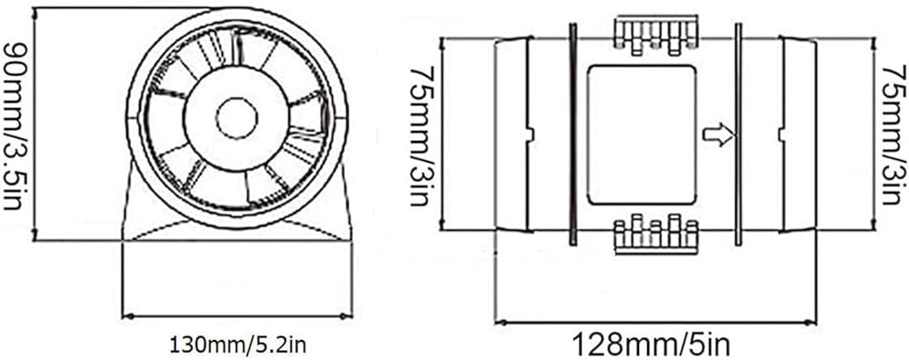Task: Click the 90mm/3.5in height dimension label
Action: (13, 125)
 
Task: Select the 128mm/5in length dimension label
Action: (651, 345)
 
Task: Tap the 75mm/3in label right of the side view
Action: (894, 135)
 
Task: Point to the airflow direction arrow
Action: (718, 135)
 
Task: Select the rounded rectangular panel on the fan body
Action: (641, 135)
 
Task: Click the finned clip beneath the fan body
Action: (655, 234)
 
